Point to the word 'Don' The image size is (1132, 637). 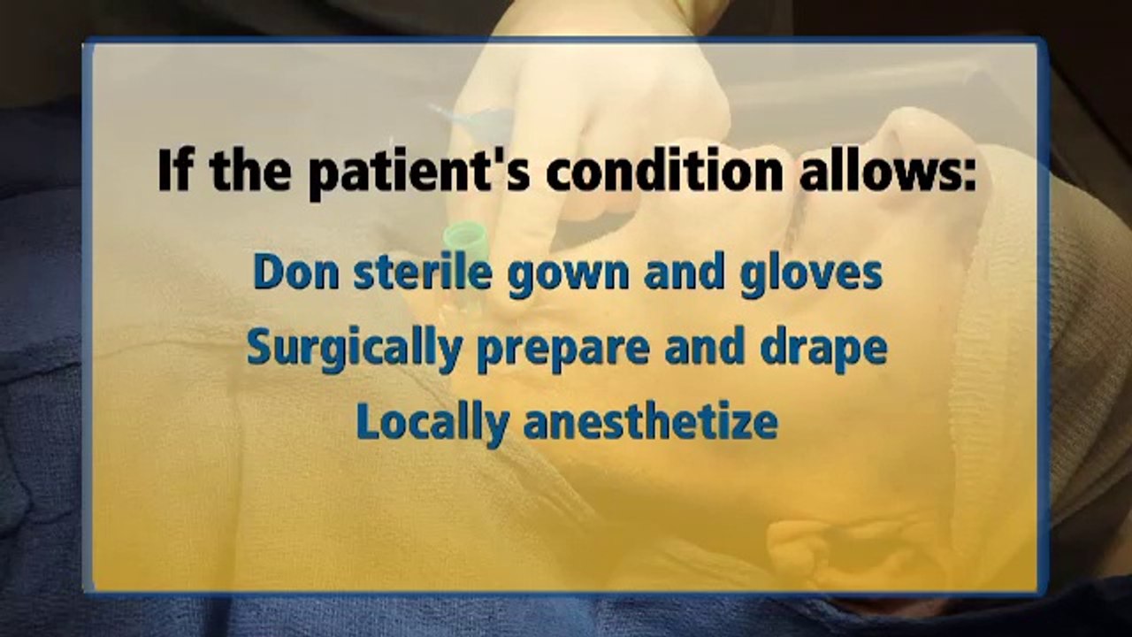coord(296,272)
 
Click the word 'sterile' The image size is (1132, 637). coord(423,271)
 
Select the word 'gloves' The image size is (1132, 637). coord(811,275)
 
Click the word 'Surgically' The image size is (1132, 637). coord(355,349)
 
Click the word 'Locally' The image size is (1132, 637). coord(432,424)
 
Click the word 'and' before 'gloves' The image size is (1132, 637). coord(685,271)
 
